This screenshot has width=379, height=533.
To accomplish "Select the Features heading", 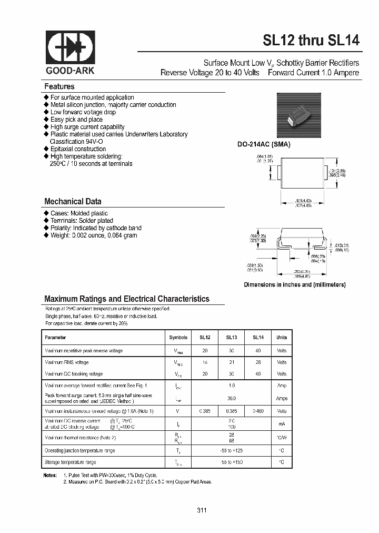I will point(59,86).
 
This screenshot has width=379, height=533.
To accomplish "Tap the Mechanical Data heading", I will point(73,202).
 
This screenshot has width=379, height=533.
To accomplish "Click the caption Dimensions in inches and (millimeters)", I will point(294,284).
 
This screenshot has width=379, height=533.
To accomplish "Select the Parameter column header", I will point(55,338).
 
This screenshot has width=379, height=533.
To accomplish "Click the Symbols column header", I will point(178,338).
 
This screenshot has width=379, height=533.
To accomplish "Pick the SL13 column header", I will point(232,338).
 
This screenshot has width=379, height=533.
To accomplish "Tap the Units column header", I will point(282,338).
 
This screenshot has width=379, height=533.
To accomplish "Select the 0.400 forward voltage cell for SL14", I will point(258,411).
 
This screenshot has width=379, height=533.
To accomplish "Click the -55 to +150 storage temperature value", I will point(232,462).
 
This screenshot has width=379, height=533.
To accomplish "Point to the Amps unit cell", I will point(282,399).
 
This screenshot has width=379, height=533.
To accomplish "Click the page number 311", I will point(202,510).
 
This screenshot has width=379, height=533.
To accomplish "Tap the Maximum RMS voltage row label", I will point(67,362).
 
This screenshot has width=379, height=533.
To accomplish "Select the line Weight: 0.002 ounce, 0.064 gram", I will point(94,235).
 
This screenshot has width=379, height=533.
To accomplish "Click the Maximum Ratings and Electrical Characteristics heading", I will point(127,299).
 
